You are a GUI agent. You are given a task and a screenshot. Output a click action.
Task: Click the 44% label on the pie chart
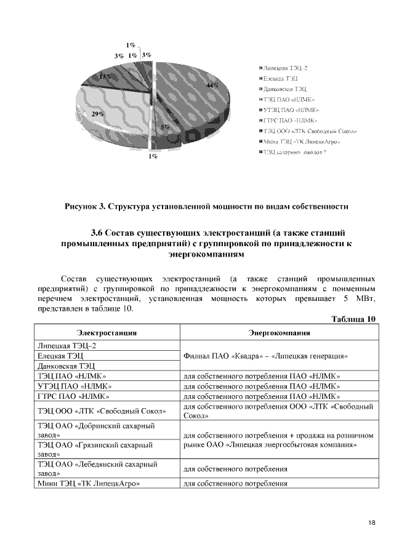(212, 86)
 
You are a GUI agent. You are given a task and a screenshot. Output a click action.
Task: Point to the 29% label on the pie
(97, 114)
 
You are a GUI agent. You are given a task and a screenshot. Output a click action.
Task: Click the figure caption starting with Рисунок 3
(207, 206)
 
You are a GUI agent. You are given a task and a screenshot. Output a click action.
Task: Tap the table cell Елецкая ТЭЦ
(61, 356)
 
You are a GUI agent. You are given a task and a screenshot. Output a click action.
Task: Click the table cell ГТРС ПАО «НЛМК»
(73, 396)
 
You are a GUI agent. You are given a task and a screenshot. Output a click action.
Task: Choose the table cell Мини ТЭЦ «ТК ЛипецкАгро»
(86, 484)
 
